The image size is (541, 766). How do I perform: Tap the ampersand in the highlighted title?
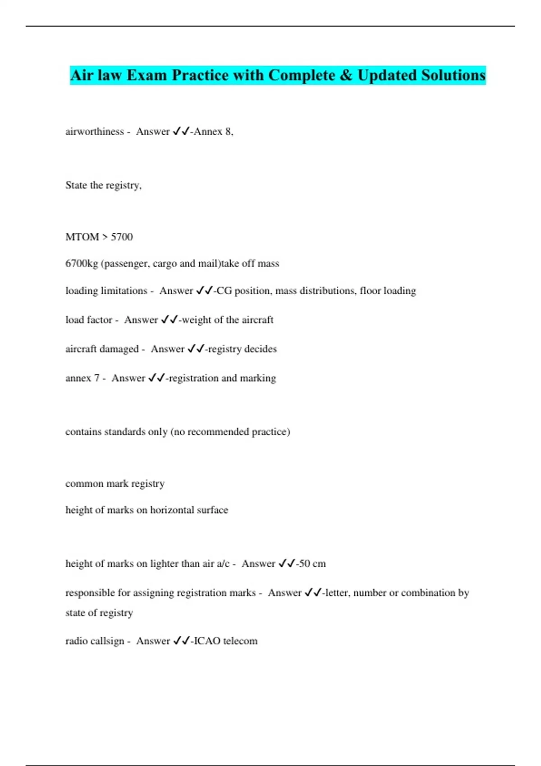[x=346, y=75]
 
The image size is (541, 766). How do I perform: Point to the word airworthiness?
[x=95, y=132]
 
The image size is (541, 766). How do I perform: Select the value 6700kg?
[x=82, y=264]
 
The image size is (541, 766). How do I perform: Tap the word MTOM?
[x=82, y=237]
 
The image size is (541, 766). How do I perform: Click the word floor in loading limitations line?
[x=370, y=291]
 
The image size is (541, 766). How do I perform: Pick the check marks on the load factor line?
[x=170, y=320]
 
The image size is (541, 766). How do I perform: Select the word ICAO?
[x=207, y=641]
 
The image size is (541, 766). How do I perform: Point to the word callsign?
[x=108, y=641]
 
